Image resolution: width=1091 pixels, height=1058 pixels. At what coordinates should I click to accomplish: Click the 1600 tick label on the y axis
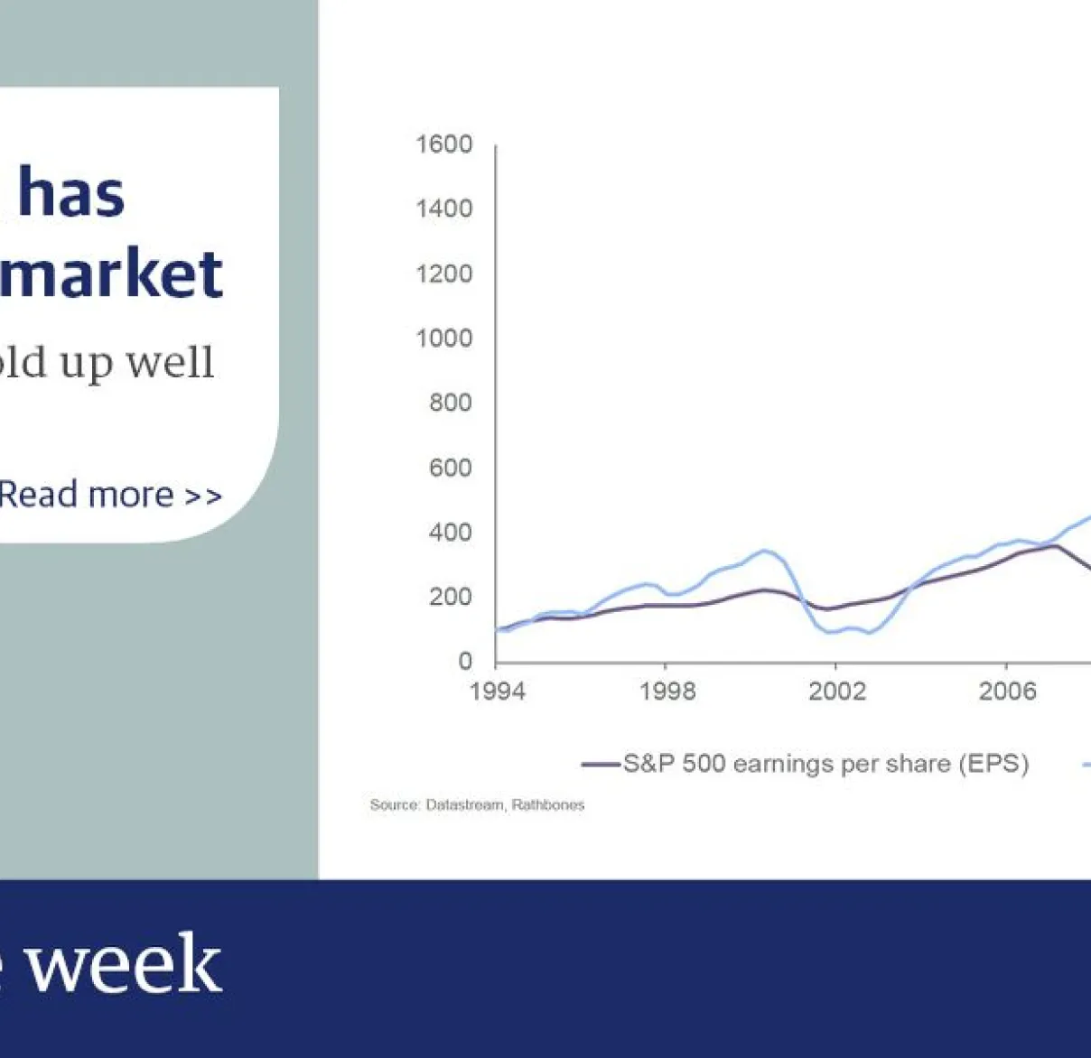coord(443,144)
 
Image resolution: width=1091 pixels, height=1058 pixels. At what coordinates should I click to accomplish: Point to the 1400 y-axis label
coord(443,209)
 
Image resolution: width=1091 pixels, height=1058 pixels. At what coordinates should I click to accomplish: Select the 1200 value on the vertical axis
coord(443,274)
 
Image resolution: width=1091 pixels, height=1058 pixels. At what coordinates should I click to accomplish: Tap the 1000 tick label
coord(443,339)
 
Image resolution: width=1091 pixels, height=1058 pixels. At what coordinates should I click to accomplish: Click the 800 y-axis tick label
coord(450,403)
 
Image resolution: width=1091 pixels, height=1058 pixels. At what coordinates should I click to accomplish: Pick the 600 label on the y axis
coord(450,468)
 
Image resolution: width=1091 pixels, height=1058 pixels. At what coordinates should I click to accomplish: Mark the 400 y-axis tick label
coord(450,533)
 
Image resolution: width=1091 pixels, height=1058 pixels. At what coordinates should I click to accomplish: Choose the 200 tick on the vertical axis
coord(450,597)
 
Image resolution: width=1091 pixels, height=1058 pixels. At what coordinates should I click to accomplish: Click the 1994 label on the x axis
coord(497,691)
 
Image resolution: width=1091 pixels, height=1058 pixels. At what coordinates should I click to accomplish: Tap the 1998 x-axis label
coord(667,691)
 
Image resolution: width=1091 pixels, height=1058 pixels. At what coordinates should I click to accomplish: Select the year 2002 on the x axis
coord(837,691)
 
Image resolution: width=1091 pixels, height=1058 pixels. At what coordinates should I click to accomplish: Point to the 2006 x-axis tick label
coord(1007,691)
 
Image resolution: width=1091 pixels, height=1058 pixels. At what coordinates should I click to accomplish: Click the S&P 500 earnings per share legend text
coord(825,764)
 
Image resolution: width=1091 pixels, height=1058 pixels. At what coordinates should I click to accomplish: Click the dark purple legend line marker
coord(601,765)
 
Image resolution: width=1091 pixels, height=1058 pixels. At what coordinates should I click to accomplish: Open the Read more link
coord(109,495)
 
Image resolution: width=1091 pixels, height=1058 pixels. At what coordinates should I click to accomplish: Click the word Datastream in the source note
coord(465,804)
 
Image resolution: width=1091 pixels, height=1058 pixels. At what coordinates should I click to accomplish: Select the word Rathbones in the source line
coord(548,804)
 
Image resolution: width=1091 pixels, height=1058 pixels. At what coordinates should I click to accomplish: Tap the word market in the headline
coord(110,274)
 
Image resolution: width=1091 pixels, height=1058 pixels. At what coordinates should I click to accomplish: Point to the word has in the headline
coord(71,193)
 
